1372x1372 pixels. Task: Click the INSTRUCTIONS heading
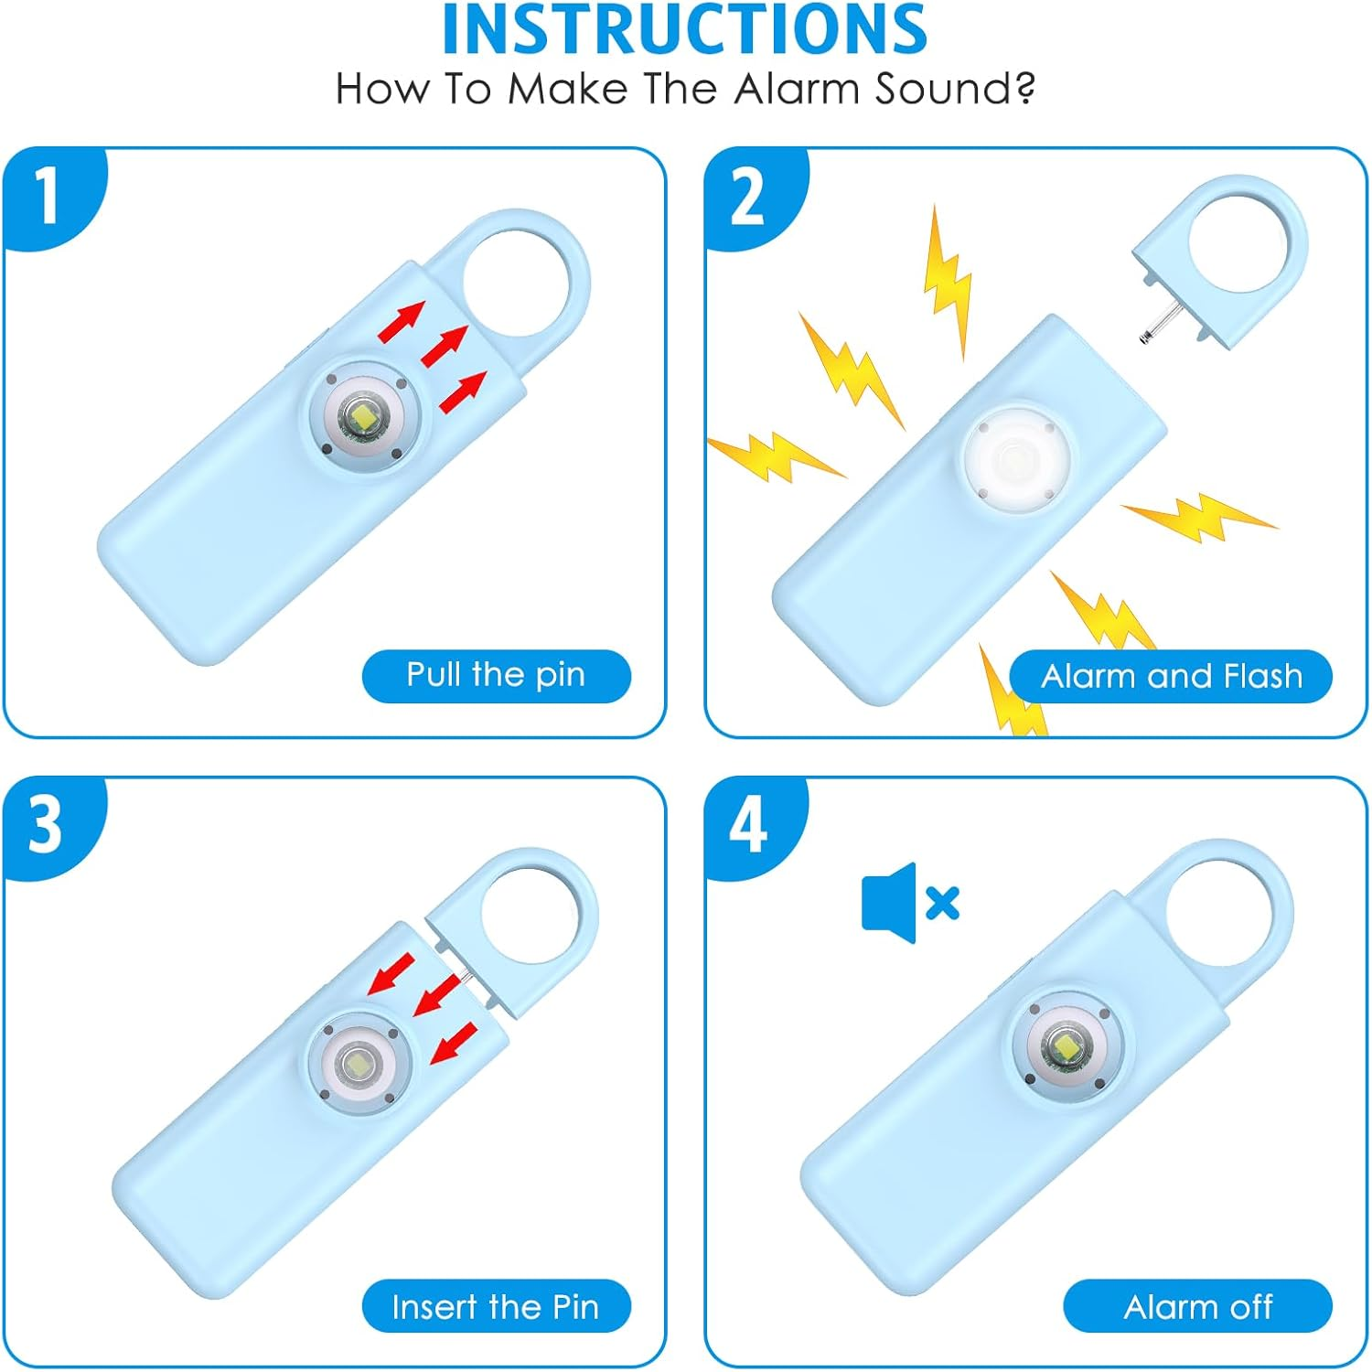[x=684, y=31]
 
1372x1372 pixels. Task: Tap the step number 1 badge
[x=46, y=195]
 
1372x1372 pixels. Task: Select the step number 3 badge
[x=46, y=824]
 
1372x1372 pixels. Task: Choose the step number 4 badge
[x=747, y=825]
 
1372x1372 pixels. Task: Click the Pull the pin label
[x=496, y=676]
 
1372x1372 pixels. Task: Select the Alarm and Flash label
[x=1171, y=677]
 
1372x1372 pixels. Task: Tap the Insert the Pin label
[x=496, y=1306]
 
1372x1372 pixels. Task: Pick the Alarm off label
[x=1197, y=1306]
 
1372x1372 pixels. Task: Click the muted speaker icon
[x=909, y=903]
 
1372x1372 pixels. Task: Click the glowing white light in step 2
[x=1015, y=457]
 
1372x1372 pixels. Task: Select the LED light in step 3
[x=358, y=1064]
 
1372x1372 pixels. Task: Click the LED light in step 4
[x=1067, y=1045]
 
